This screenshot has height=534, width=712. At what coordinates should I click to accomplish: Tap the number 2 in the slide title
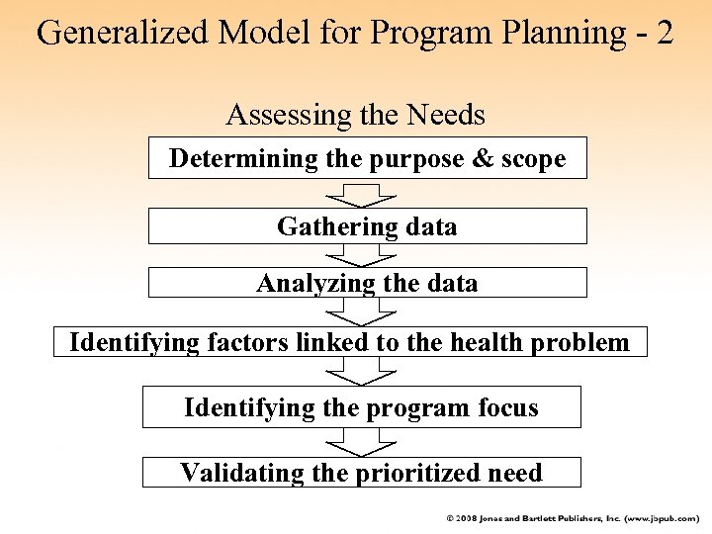pos(664,32)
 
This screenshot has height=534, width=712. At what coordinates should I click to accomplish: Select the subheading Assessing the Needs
pos(356,115)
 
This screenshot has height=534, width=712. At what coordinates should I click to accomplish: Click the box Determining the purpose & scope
pos(367,158)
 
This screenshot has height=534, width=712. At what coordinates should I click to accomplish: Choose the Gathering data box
pos(367,226)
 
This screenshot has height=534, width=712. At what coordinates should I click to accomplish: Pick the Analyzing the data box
pos(367,283)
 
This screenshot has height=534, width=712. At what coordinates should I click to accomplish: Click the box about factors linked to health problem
pos(349,342)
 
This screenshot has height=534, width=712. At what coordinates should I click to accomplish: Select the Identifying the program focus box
pos(361,406)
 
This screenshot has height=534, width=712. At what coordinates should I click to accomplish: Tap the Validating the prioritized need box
pos(361,473)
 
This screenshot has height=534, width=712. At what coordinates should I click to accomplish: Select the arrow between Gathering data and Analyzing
pos(362,255)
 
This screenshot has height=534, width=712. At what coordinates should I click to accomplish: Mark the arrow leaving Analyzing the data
pos(362,311)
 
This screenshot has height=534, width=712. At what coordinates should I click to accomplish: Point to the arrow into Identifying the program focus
pos(362,372)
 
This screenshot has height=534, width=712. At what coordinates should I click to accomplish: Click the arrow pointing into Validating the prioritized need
pos(362,442)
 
